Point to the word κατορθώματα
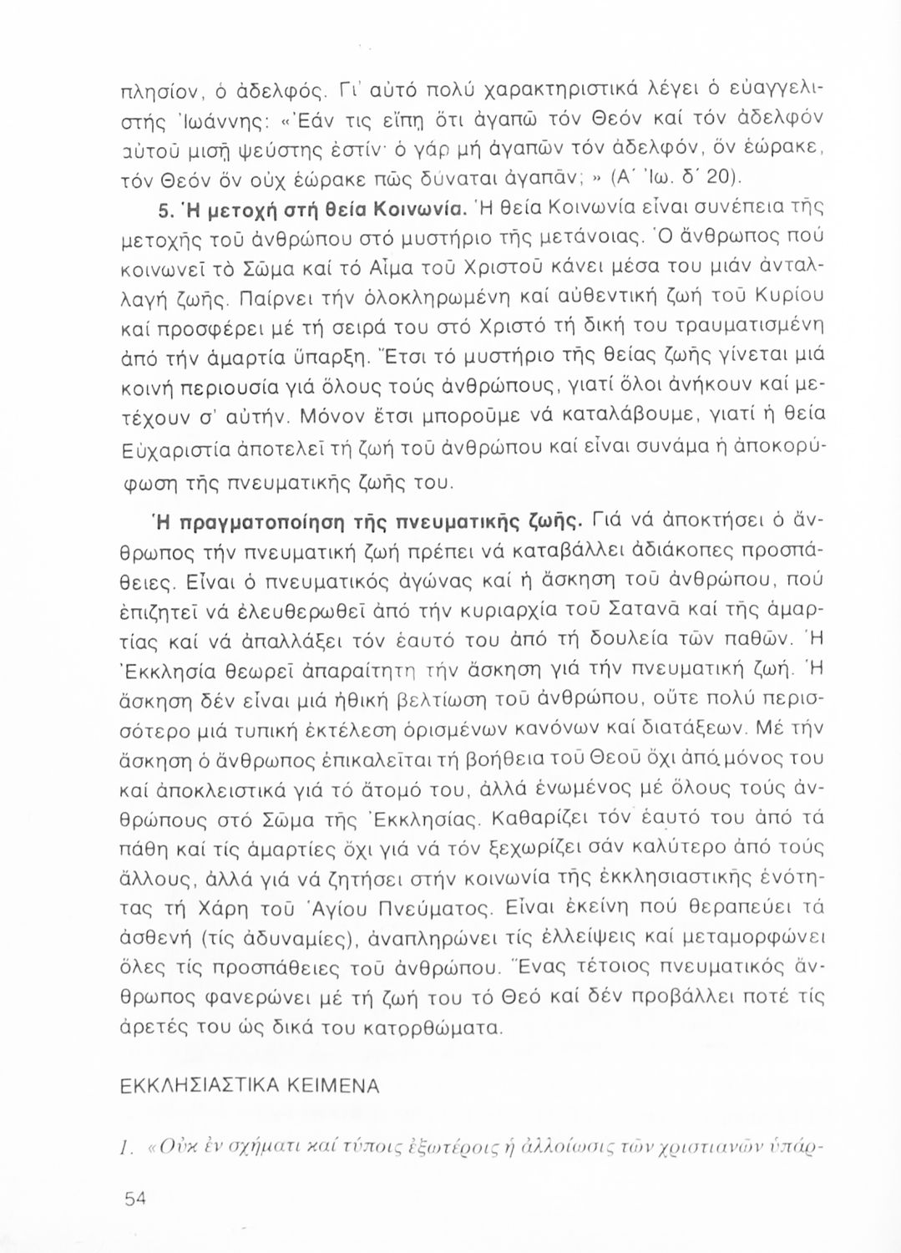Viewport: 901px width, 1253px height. tap(443, 1025)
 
